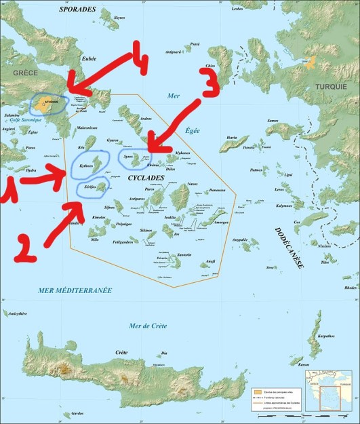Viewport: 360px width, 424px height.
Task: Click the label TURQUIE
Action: [330, 106]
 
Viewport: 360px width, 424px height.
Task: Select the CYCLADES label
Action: [145, 178]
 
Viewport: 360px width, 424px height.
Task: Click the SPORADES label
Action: [78, 9]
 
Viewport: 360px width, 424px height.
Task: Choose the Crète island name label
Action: [121, 352]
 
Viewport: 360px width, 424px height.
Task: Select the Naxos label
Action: [192, 184]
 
